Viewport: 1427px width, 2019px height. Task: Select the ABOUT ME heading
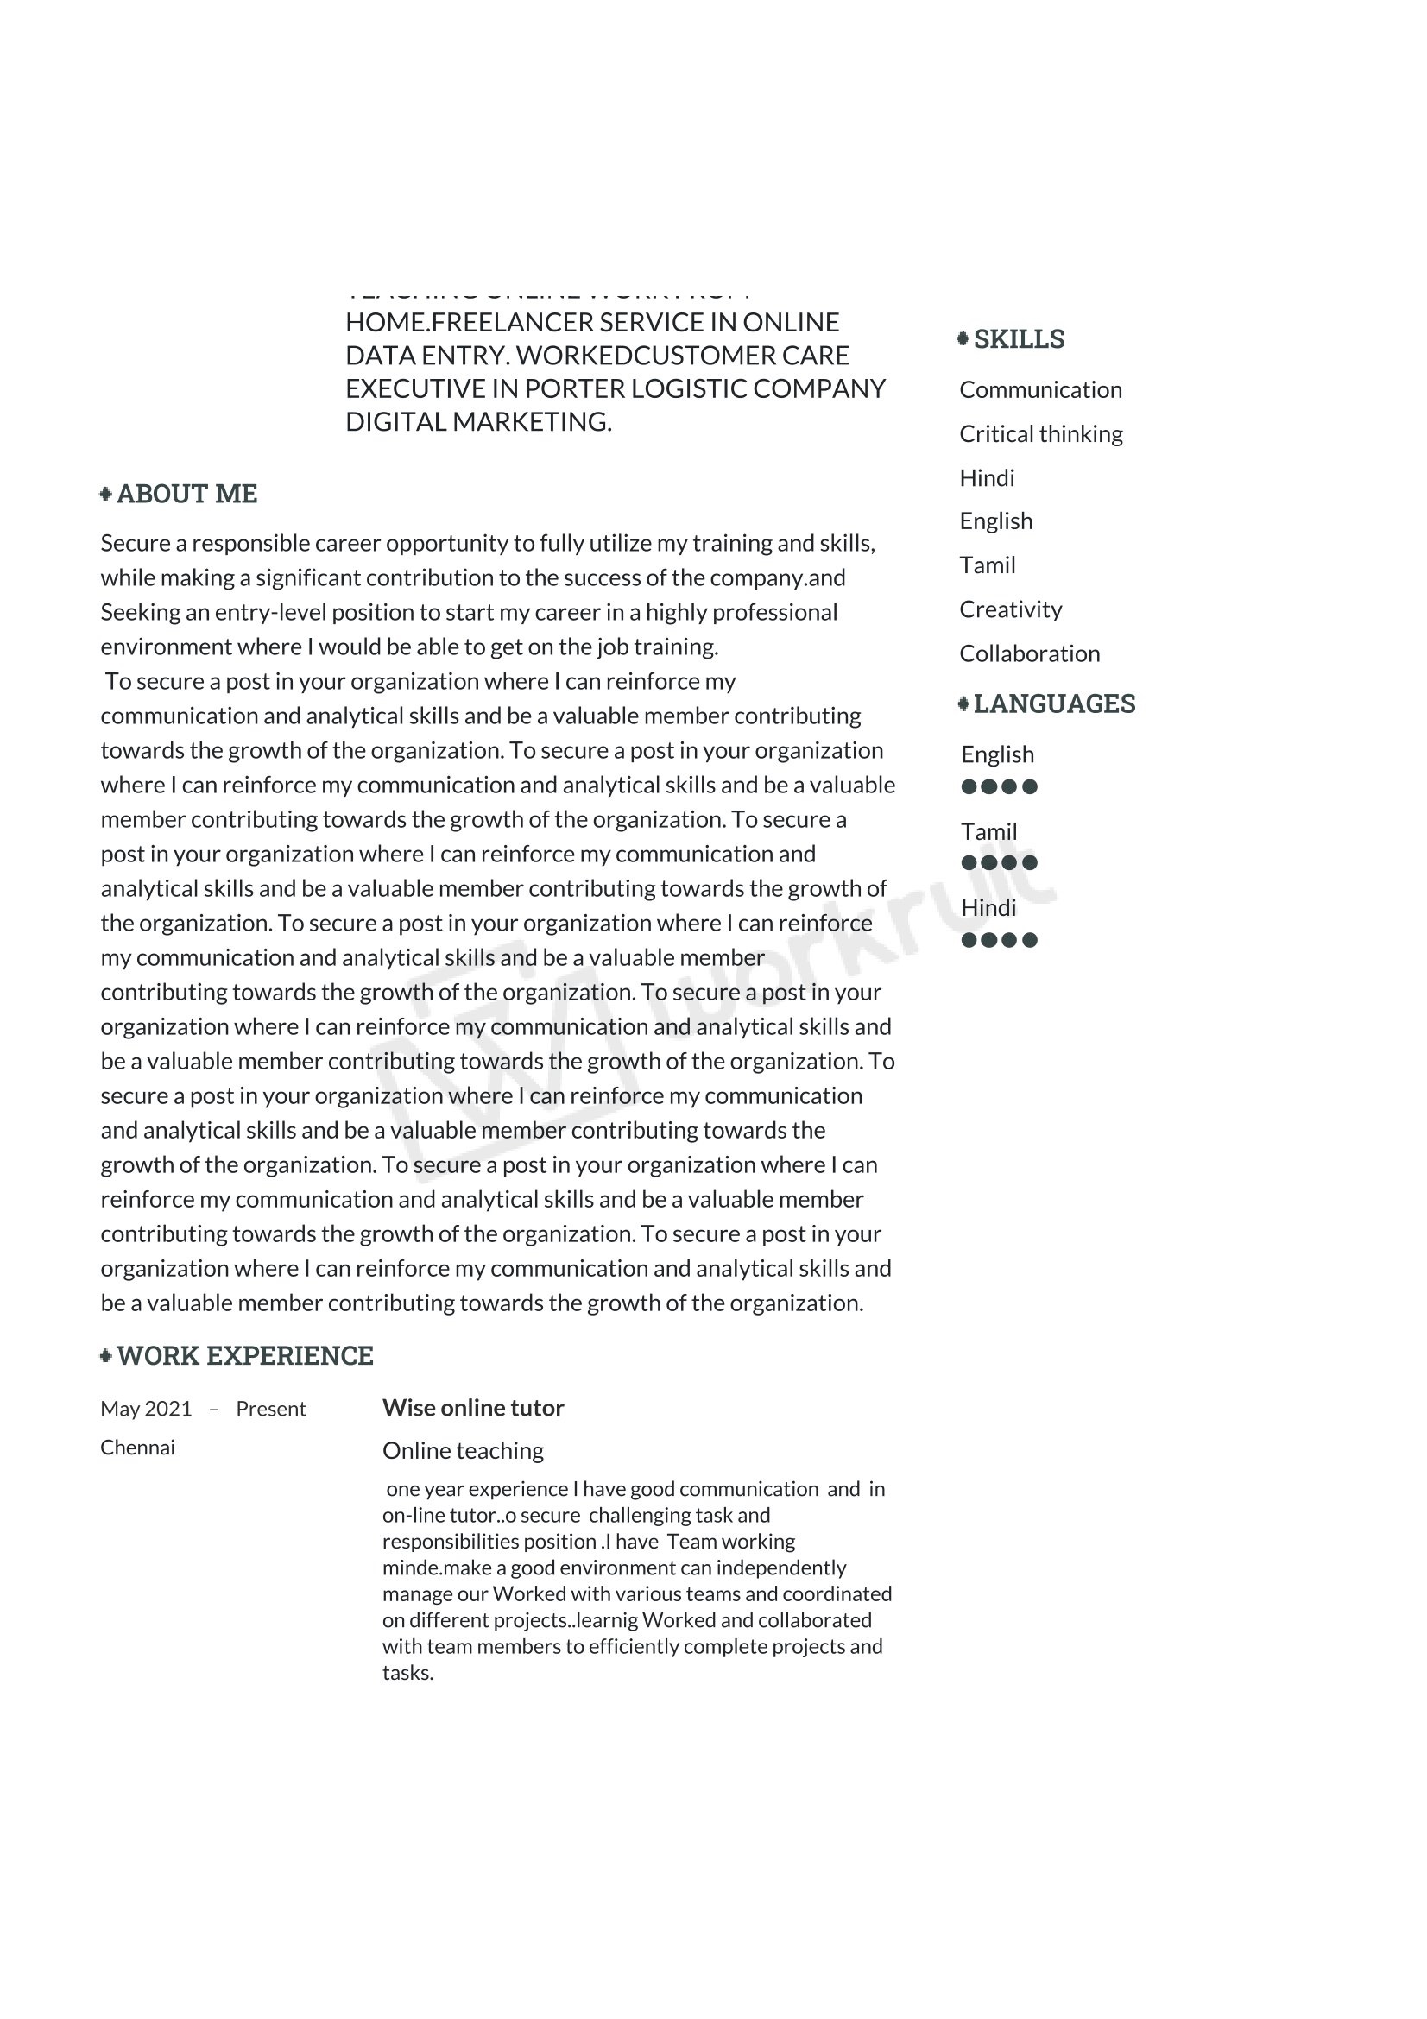point(186,495)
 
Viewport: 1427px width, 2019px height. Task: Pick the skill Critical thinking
point(1040,434)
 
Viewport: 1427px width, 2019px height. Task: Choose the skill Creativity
point(1010,609)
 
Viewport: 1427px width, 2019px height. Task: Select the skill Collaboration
point(1029,653)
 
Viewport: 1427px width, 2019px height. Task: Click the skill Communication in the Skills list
point(1040,389)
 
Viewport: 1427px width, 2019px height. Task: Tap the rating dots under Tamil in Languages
point(999,862)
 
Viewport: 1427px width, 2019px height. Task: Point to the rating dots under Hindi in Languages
point(999,940)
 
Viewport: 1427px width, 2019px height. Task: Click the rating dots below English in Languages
point(999,786)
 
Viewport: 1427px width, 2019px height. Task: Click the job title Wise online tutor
point(473,1408)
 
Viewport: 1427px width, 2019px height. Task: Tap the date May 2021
point(146,1409)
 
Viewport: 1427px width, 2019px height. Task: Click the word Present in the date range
point(271,1409)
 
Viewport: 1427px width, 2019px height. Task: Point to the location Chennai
point(137,1448)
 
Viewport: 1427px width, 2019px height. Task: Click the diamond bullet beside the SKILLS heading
point(963,338)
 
